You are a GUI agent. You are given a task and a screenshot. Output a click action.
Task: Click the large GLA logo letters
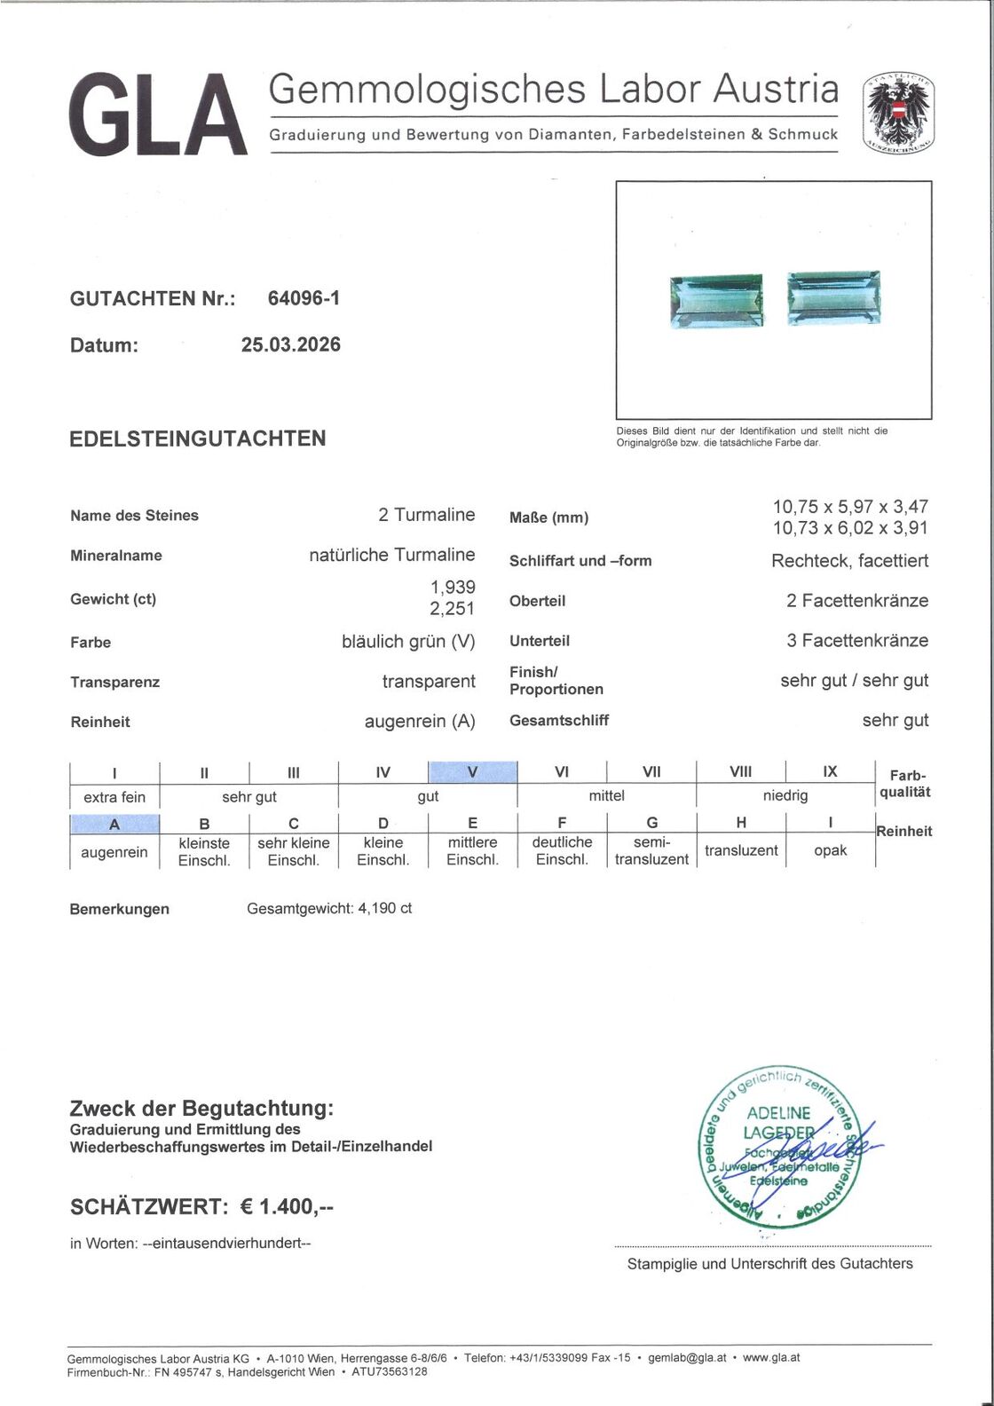157,115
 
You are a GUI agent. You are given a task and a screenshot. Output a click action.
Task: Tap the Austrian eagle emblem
898,113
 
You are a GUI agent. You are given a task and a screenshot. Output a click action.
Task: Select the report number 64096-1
304,298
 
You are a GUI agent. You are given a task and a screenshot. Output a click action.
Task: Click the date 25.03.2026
290,344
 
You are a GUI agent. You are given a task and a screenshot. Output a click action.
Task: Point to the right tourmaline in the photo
833,298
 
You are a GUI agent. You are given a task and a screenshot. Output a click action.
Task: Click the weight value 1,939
453,587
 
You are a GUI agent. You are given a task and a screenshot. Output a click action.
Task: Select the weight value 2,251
453,609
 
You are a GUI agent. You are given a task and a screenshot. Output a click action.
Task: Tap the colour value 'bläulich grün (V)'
408,641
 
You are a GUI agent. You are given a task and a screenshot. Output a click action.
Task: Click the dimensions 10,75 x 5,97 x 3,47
850,507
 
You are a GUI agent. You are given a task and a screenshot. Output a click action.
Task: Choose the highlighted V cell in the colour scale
472,772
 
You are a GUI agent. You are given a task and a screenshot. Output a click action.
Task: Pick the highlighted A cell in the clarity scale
114,825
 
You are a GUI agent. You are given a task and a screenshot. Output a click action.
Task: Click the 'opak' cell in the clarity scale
830,850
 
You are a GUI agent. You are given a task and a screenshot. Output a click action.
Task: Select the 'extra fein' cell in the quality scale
114,797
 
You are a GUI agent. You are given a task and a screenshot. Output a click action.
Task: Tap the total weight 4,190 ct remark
329,908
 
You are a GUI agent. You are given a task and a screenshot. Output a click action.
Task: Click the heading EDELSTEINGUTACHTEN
197,438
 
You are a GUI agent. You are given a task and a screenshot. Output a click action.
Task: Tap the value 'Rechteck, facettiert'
849,561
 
